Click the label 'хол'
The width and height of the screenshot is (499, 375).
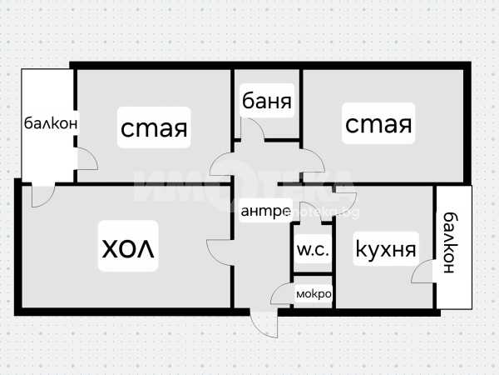129,248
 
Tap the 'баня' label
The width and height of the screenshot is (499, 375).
266,102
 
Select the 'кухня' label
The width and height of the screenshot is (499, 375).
386,248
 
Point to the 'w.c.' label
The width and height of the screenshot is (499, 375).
312,249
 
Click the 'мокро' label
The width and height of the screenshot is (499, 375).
314,293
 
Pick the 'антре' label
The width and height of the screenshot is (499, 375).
264,212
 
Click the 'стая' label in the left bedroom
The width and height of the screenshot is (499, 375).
154,128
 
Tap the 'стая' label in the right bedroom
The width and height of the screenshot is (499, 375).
378,125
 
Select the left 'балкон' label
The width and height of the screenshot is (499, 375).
50,123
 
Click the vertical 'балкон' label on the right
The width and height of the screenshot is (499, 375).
450,242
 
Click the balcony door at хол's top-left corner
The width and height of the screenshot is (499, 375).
42,195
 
